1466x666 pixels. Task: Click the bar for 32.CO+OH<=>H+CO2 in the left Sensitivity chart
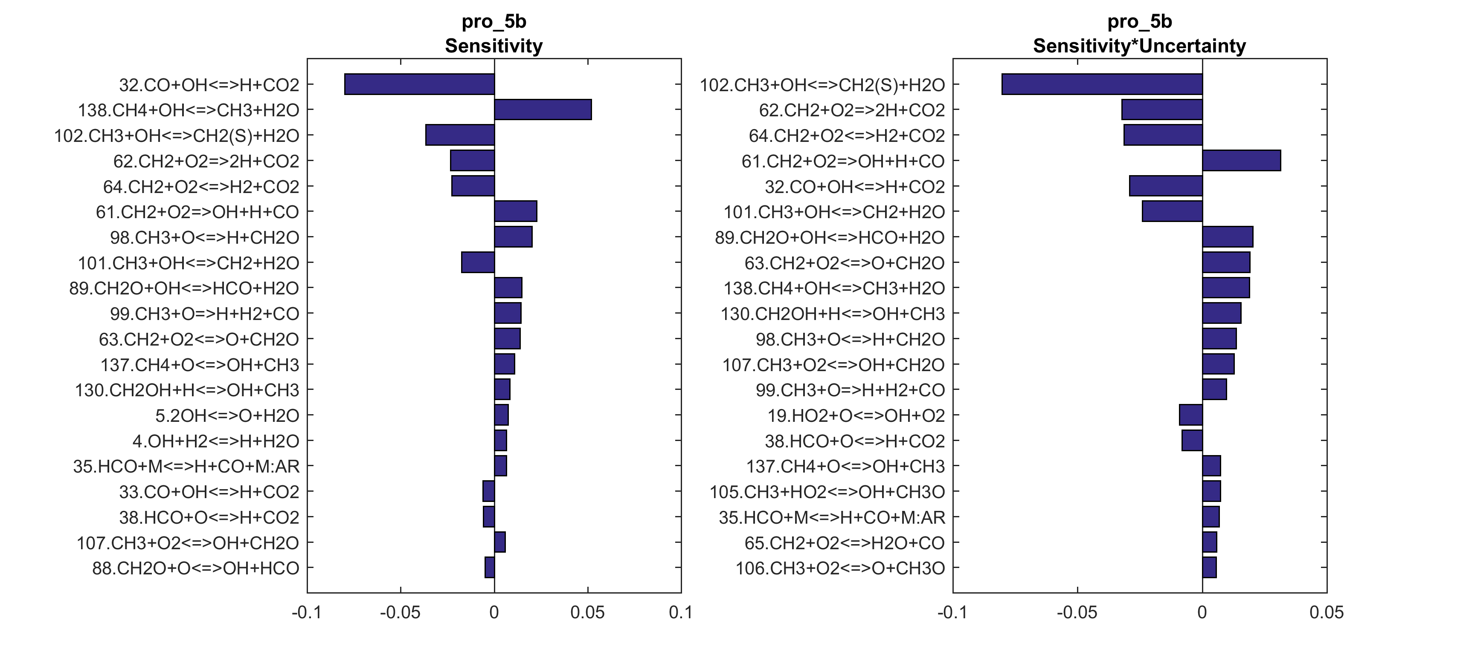419,84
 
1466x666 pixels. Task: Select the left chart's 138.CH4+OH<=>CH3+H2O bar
543,110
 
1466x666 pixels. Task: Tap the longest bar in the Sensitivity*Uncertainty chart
1102,84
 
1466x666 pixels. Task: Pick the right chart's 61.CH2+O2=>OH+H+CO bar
1241,161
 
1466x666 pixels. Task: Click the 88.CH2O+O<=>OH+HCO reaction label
195,568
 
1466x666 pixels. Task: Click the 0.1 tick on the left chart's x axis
681,613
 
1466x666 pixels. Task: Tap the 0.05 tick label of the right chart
1327,613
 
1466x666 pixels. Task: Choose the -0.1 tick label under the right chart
953,613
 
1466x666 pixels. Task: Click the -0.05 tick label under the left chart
400,613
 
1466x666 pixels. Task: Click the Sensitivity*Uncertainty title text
1139,46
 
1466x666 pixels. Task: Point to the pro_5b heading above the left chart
494,22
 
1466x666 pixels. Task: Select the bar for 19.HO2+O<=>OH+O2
1190,415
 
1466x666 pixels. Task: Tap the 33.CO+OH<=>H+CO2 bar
489,491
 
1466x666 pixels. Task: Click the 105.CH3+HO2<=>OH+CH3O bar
1212,491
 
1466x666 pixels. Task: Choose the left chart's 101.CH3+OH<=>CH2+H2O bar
478,262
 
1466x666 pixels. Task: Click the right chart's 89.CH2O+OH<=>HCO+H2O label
830,238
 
